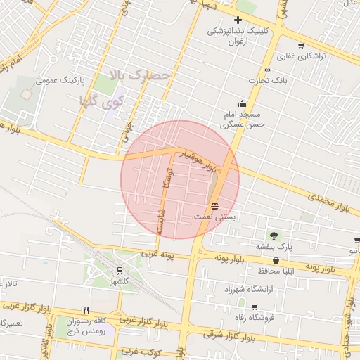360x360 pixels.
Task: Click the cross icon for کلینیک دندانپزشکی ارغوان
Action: [238, 20]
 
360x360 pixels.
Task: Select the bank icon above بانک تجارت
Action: [267, 70]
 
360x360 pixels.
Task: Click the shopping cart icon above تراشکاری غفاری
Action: [300, 45]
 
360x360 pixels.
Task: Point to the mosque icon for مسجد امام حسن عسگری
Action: [243, 103]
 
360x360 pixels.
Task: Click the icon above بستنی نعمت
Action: [214, 205]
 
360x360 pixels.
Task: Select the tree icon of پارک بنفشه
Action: [273, 236]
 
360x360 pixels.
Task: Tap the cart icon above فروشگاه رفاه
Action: [254, 307]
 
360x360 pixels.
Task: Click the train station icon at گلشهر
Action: [120, 269]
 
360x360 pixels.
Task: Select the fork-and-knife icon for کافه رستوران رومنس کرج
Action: [86, 310]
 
